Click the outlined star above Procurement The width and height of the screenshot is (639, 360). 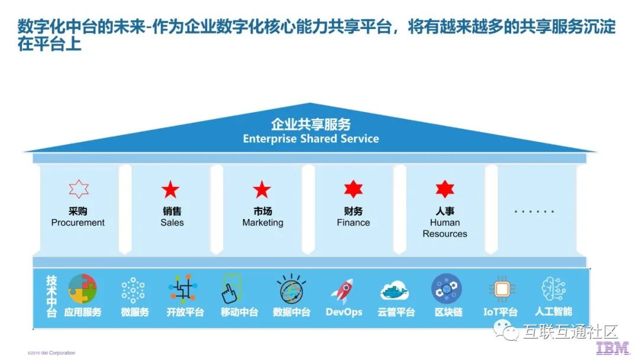pyautogui.click(x=78, y=189)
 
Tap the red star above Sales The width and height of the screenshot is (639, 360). pyautogui.click(x=170, y=189)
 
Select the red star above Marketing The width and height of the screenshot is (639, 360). pyautogui.click(x=262, y=189)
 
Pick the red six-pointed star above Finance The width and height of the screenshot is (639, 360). pyautogui.click(x=353, y=189)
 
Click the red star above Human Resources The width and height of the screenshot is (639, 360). pyautogui.click(x=445, y=189)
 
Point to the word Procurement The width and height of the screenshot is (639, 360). pyautogui.click(x=78, y=223)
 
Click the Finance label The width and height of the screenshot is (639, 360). pyautogui.click(x=353, y=223)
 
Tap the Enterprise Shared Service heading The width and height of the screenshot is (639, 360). pyautogui.click(x=311, y=139)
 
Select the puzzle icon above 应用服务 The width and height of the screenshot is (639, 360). pyautogui.click(x=83, y=288)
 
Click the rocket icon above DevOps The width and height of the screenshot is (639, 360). pyautogui.click(x=343, y=290)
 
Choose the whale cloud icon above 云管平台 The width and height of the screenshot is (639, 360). pyautogui.click(x=396, y=291)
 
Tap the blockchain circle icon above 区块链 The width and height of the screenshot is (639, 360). pyautogui.click(x=447, y=289)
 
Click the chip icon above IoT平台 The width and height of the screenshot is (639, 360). pyautogui.click(x=500, y=290)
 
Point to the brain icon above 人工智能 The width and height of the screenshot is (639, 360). pyautogui.click(x=553, y=290)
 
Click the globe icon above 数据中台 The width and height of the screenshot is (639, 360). pyautogui.click(x=291, y=289)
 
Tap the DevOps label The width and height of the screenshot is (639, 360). pyautogui.click(x=344, y=312)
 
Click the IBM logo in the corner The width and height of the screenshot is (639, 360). pyautogui.click(x=612, y=348)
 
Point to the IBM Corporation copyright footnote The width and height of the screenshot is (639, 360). pyautogui.click(x=51, y=353)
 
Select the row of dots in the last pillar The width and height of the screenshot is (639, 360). pyautogui.click(x=534, y=211)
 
